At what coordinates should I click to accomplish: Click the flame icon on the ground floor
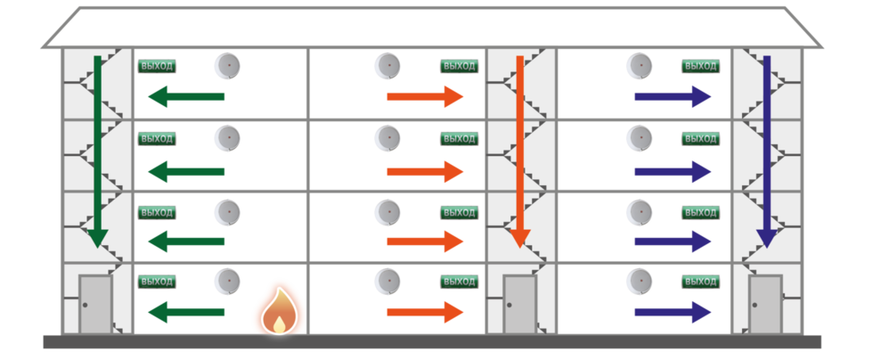[277, 310]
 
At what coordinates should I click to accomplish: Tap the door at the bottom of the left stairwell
[94, 305]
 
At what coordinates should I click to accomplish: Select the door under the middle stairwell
[518, 305]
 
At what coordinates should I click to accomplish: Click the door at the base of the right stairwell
[764, 305]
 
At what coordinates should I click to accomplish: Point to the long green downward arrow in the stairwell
[98, 151]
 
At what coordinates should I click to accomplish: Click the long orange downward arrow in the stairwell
[519, 151]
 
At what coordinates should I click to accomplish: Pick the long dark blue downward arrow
[765, 151]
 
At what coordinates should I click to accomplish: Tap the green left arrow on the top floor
[185, 96]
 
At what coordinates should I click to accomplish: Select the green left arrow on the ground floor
[185, 312]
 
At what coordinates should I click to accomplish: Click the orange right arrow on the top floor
[426, 96]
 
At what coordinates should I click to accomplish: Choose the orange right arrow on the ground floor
[426, 312]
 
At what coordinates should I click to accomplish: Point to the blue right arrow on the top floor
[673, 96]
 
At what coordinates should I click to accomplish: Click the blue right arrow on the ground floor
[673, 312]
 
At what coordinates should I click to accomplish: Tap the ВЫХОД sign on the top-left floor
[157, 66]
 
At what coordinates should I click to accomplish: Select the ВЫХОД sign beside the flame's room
[157, 282]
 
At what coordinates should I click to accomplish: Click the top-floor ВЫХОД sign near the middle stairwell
[459, 66]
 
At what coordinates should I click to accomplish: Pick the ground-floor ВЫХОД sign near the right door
[700, 282]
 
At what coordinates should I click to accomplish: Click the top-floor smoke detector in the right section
[639, 66]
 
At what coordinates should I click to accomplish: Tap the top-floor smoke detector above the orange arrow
[387, 66]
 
